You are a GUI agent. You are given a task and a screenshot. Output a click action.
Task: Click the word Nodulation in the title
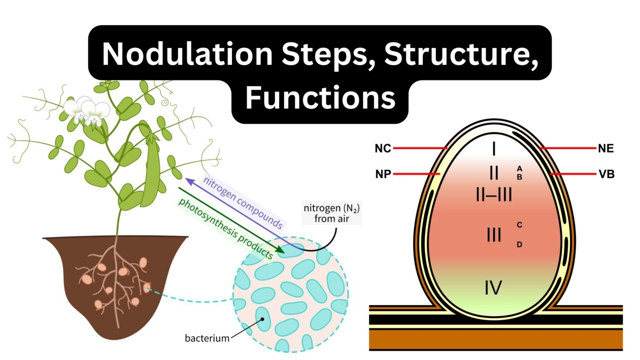tap(187, 54)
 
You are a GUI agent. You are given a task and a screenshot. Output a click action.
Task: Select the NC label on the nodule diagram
tap(382, 148)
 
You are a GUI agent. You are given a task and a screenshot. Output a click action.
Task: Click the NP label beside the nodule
tap(383, 174)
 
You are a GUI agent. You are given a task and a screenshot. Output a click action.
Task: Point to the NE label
tap(605, 148)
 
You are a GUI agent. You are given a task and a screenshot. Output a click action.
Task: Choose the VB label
tap(606, 174)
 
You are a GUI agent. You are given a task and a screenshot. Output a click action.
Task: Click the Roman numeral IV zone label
tap(493, 288)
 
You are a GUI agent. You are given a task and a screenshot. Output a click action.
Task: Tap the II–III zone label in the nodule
tap(494, 195)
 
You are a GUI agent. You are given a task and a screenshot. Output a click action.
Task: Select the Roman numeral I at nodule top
tap(494, 148)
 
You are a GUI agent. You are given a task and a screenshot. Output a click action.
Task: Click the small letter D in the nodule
tap(519, 245)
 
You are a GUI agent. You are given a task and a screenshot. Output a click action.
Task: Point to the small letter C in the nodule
tap(519, 225)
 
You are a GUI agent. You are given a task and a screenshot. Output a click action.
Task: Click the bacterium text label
tap(207, 338)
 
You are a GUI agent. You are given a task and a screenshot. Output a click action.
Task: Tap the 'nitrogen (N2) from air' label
tap(332, 213)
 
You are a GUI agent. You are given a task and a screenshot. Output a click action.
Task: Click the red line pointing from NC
tap(419, 148)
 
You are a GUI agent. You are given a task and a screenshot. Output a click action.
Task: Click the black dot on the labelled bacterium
tap(262, 320)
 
